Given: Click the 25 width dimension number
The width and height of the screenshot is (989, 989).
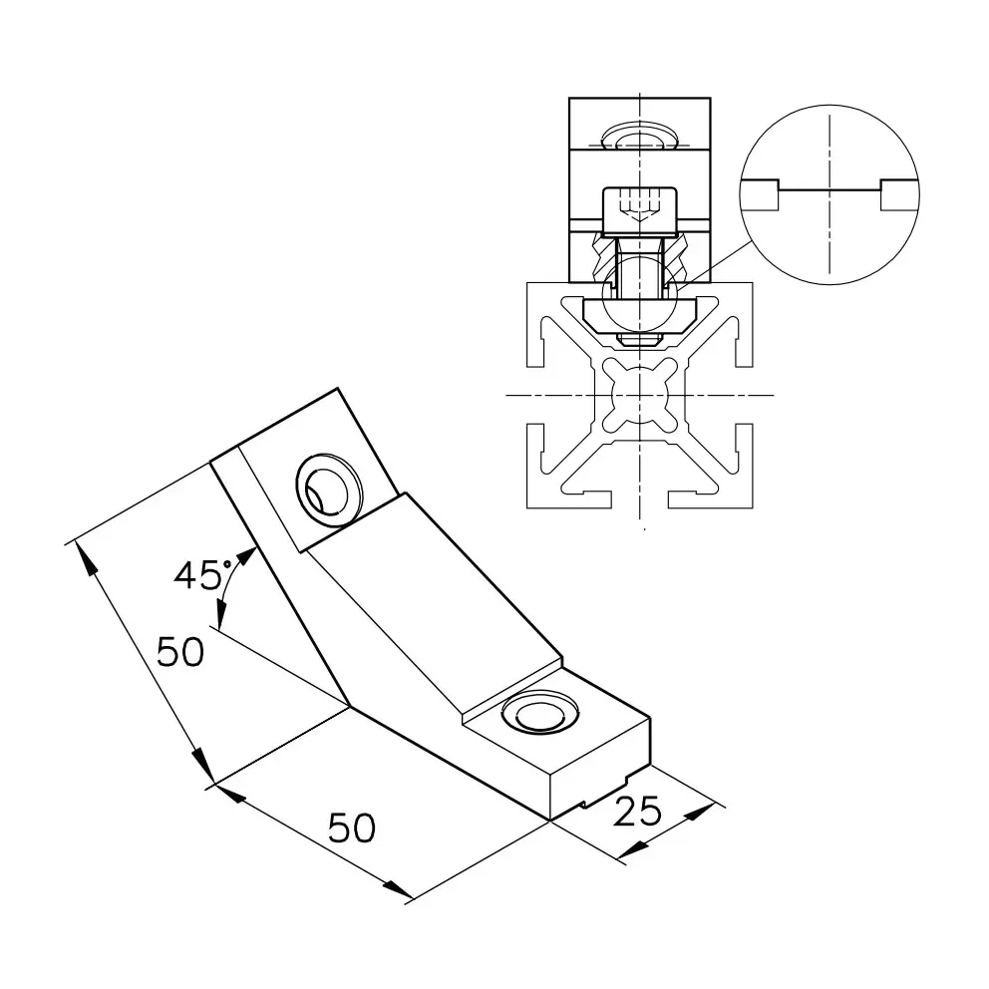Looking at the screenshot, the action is pyautogui.click(x=636, y=812).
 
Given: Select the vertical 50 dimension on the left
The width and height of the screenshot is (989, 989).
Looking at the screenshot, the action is pyautogui.click(x=180, y=652).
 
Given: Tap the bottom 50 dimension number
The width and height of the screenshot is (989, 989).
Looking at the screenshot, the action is pyautogui.click(x=351, y=827).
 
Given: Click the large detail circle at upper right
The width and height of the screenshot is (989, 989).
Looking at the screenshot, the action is pyautogui.click(x=829, y=194).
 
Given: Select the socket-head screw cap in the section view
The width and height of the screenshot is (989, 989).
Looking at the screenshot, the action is pyautogui.click(x=640, y=209).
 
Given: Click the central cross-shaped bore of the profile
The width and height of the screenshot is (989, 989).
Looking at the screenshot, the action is pyautogui.click(x=640, y=396).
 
